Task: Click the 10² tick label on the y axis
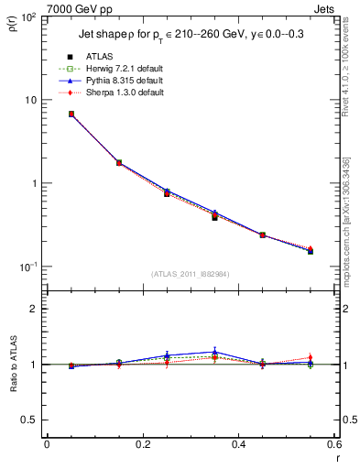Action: coord(29,17)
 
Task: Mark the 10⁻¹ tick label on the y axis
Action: coord(29,267)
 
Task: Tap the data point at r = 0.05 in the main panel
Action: coord(71,115)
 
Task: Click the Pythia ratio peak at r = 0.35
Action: coord(214,352)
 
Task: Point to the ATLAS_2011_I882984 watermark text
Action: coord(191,274)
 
